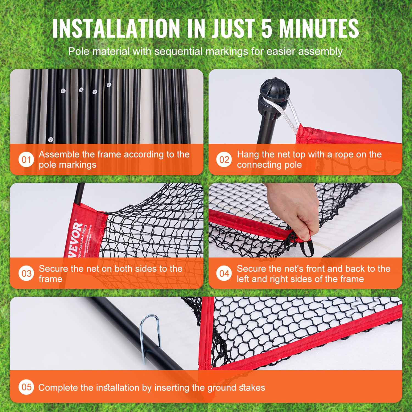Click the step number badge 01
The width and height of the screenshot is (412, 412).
pyautogui.click(x=26, y=160)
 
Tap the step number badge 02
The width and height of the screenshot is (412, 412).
pyautogui.click(x=224, y=160)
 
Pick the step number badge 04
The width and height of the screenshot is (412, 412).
pyautogui.click(x=224, y=274)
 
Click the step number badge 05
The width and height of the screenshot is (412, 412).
pyautogui.click(x=26, y=387)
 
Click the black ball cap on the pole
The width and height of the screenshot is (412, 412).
pyautogui.click(x=275, y=90)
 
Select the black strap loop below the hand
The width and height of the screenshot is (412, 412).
pyautogui.click(x=307, y=247)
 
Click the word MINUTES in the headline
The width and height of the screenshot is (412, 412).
pyautogui.click(x=319, y=29)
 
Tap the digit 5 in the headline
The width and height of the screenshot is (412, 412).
pyautogui.click(x=267, y=29)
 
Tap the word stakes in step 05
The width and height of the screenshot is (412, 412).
pyautogui.click(x=252, y=388)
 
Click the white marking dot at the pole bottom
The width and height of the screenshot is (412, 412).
pyautogui.click(x=51, y=140)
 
